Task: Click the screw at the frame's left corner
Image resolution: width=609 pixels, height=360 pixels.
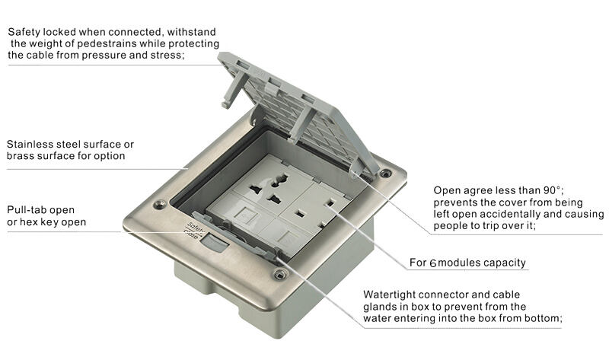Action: point(159,205)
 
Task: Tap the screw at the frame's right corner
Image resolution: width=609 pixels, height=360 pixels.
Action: point(386,174)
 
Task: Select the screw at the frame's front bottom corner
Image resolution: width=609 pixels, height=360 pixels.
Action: point(280,274)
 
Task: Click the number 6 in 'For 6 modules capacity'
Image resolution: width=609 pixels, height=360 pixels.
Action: point(432,263)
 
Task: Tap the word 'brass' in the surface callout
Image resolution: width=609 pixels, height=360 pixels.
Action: point(21,156)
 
